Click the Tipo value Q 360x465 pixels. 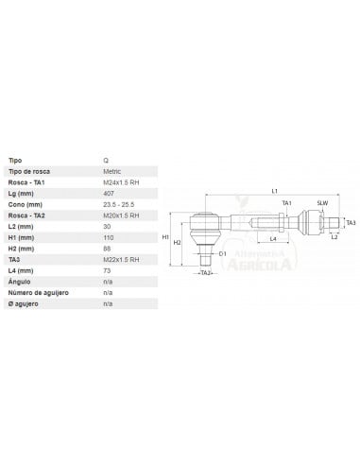click(x=106, y=161)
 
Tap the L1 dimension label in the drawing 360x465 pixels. click(x=274, y=192)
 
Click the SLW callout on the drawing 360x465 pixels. click(x=322, y=203)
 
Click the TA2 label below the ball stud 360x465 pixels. click(x=206, y=273)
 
